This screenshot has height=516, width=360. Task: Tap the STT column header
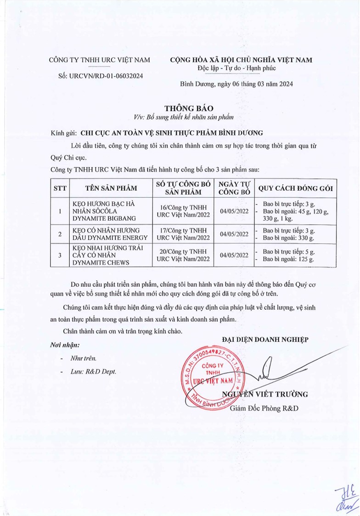tap(60, 188)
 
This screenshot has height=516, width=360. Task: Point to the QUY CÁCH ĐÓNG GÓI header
tap(296, 188)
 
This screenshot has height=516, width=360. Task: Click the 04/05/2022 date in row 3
tap(234, 255)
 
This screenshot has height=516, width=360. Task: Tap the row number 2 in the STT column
tap(60, 234)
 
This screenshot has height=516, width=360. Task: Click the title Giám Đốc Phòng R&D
tap(264, 408)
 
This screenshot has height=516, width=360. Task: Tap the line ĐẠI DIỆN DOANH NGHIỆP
tap(265, 339)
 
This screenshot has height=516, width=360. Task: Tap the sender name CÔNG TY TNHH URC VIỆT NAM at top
tap(100, 60)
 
